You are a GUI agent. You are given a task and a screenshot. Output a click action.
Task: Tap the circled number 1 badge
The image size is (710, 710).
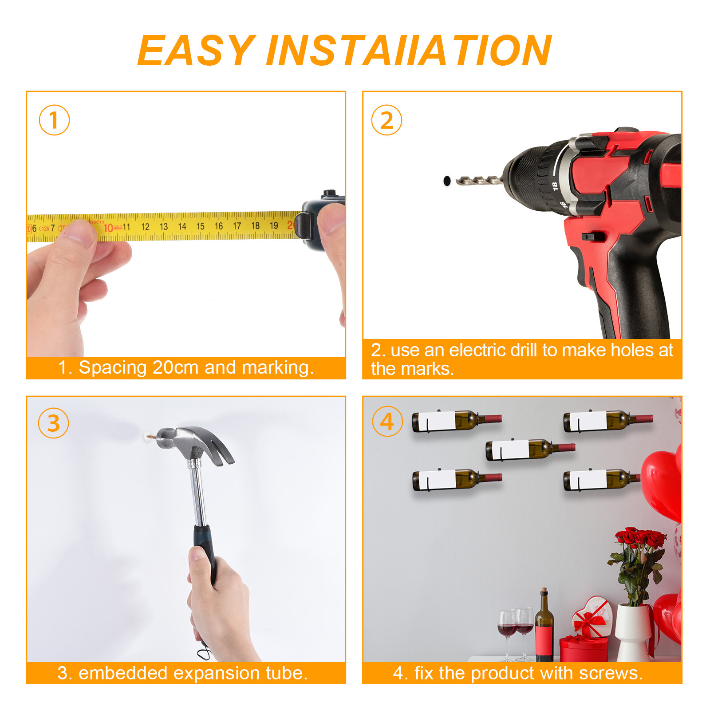pos(54,120)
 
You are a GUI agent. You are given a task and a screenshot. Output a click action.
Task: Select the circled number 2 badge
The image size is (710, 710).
pos(387,120)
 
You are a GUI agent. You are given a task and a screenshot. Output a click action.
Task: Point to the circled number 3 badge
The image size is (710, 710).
pos(53,423)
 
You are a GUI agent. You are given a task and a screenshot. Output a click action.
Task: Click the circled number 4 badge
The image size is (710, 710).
pos(387,421)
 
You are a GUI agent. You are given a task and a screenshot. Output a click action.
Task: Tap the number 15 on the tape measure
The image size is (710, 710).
pos(200,226)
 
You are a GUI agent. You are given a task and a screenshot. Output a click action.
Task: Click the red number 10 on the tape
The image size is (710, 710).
pos(108,228)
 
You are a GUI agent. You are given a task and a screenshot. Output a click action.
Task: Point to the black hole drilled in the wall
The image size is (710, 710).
pos(447,181)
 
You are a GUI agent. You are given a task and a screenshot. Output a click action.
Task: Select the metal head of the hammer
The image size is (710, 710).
pos(195,444)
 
